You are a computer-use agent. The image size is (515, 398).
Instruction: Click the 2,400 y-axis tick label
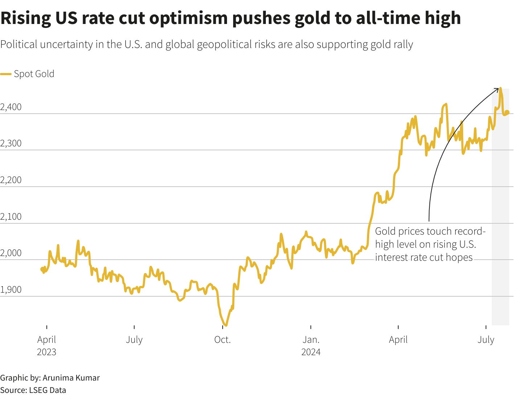[11, 107]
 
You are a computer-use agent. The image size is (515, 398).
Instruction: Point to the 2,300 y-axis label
[11, 143]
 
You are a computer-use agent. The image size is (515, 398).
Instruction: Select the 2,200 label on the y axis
[11, 180]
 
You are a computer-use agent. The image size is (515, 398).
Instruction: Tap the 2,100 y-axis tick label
[11, 217]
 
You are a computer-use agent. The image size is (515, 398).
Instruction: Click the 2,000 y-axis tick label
[11, 253]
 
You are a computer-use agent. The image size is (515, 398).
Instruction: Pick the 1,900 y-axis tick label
[11, 290]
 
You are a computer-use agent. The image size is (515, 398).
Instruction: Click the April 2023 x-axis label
[47, 346]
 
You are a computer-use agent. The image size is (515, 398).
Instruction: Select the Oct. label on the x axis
[222, 340]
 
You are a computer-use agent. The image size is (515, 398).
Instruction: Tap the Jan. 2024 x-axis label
[311, 346]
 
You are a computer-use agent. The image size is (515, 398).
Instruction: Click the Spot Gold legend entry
[34, 74]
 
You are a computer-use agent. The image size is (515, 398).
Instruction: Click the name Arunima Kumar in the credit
[71, 378]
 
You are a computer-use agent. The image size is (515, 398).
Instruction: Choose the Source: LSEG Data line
[33, 390]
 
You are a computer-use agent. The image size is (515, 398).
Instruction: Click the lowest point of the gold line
[226, 325]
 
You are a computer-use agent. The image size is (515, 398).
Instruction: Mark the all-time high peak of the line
[500, 88]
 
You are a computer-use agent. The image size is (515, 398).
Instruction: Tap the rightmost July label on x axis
[486, 340]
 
